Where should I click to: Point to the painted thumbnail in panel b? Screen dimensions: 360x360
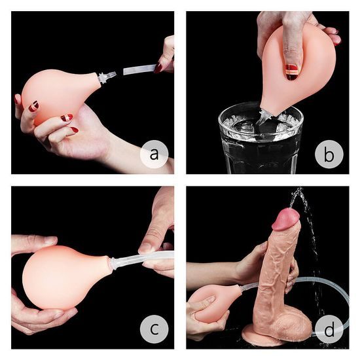point(293,69)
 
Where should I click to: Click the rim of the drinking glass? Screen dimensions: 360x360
point(260,111)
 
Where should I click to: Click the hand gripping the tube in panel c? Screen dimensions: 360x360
point(157,236)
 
